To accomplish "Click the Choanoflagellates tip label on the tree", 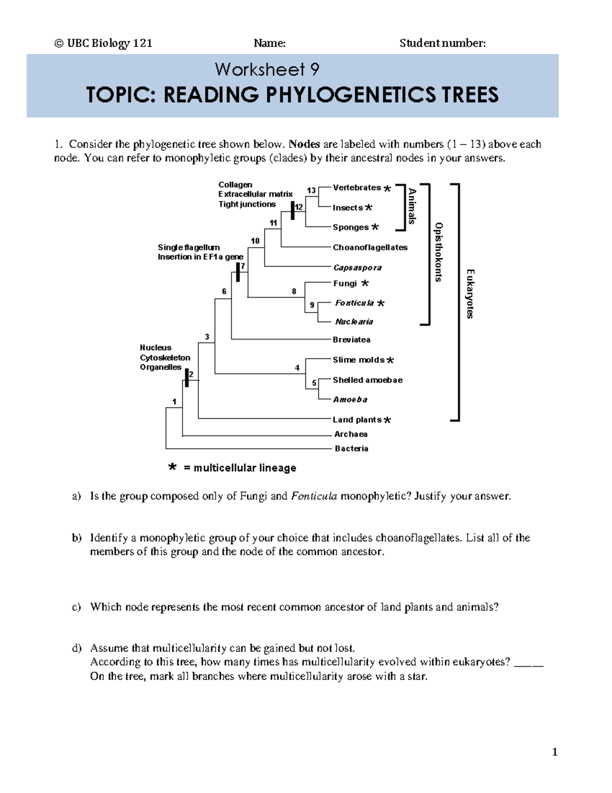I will click(370, 248).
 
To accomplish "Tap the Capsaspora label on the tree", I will click(357, 268).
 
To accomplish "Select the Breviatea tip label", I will click(351, 340).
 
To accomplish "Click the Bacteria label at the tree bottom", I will click(351, 448).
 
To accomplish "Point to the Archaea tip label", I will click(351, 434).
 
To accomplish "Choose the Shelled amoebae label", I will click(367, 380).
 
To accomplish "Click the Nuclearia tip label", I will click(354, 322).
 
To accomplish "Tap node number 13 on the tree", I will click(311, 190).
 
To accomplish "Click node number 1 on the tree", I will click(174, 402).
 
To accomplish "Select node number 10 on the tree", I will click(255, 241).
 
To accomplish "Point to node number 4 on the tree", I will click(297, 368).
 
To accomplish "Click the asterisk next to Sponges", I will click(375, 227).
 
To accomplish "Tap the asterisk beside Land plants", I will click(388, 420).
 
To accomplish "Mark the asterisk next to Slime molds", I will click(390, 361).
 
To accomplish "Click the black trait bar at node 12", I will click(293, 210).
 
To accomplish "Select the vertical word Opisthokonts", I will click(438, 252).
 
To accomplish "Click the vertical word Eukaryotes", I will click(470, 294).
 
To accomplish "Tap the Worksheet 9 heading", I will click(267, 69).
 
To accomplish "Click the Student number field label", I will click(442, 43).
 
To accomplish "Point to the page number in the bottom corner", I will click(554, 752).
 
